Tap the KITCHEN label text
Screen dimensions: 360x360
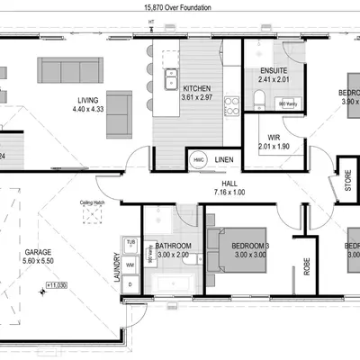click(196, 88)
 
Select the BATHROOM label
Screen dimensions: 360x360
click(172, 245)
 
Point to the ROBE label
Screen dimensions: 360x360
click(306, 267)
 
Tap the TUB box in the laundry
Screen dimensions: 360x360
click(130, 243)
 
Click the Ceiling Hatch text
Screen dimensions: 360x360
click(93, 202)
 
